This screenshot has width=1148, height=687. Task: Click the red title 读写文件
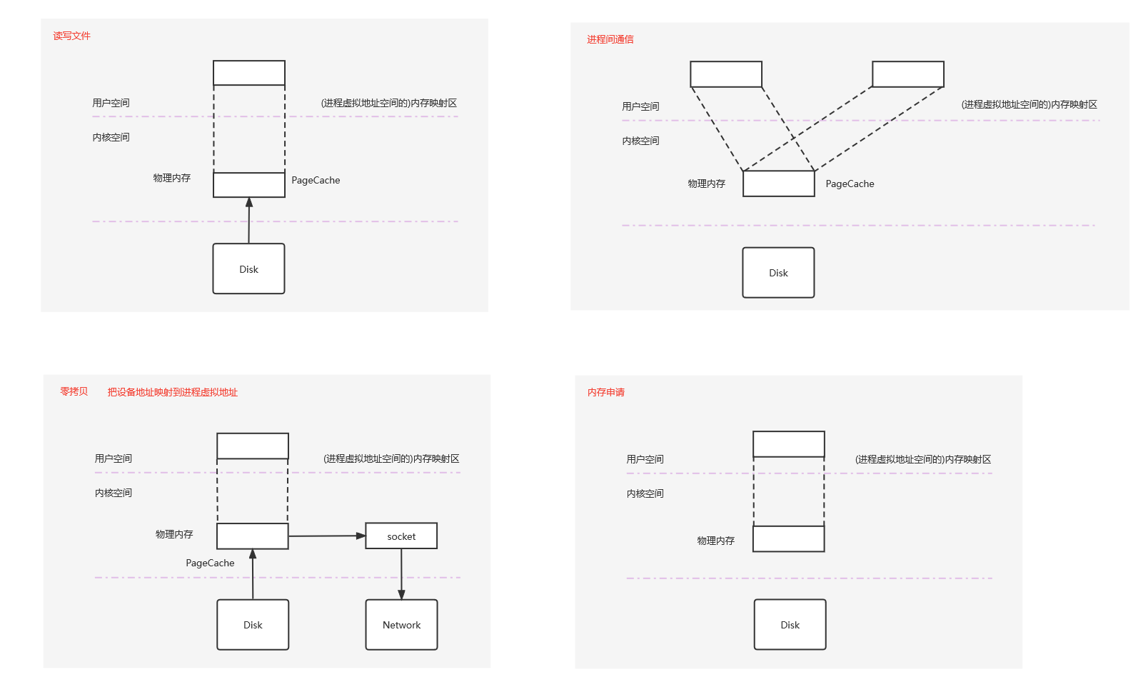[x=71, y=36]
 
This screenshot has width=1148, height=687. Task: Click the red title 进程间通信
[x=610, y=39]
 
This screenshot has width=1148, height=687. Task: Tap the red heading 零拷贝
[x=74, y=391]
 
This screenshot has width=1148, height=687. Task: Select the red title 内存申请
[x=605, y=392]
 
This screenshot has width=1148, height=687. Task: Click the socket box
[x=401, y=536]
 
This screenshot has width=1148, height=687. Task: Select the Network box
[x=401, y=625]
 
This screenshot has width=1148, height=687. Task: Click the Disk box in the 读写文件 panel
[x=248, y=269]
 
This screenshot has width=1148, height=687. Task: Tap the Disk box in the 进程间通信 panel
[x=778, y=273]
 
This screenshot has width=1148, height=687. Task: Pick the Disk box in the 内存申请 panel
[x=790, y=625]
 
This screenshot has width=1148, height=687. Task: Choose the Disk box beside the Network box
[x=253, y=625]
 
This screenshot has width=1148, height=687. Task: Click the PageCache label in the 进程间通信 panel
[x=850, y=184]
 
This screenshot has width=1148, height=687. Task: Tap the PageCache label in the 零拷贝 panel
[x=210, y=563]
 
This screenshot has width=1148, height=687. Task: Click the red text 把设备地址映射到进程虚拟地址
[x=172, y=392]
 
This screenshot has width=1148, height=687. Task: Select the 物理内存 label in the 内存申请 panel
[x=715, y=541]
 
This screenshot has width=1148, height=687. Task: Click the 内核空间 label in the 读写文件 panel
[x=111, y=137]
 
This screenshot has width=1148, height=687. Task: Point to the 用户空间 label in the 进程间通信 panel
[x=640, y=106]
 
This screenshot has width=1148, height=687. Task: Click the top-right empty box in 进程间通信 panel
[x=908, y=74]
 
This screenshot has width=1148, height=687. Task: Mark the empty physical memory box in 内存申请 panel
[x=789, y=539]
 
